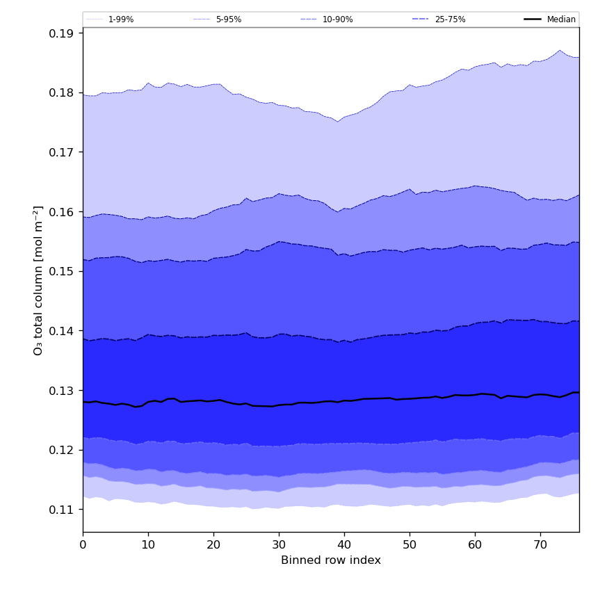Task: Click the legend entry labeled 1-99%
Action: [x=121, y=19]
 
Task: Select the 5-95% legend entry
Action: [x=228, y=19]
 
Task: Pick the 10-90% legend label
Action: [x=337, y=19]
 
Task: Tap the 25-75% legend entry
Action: [x=450, y=19]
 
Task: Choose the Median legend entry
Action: [x=561, y=19]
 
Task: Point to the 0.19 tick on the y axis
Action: [x=63, y=33]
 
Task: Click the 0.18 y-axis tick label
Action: [x=63, y=92]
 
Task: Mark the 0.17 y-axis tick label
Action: [x=63, y=152]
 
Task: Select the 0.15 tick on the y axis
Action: [x=63, y=271]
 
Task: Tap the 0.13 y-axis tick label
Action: [x=63, y=391]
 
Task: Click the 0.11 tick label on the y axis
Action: [x=63, y=510]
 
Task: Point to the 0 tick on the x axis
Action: [x=83, y=546]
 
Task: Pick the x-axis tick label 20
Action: [x=213, y=546]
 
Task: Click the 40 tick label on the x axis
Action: [x=344, y=546]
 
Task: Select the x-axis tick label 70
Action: [x=540, y=546]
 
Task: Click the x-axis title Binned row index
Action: [x=331, y=560]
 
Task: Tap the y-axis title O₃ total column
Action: [x=38, y=280]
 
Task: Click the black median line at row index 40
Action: [x=344, y=400]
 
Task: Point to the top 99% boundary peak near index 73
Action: [x=560, y=50]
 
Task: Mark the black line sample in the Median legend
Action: [x=533, y=19]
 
